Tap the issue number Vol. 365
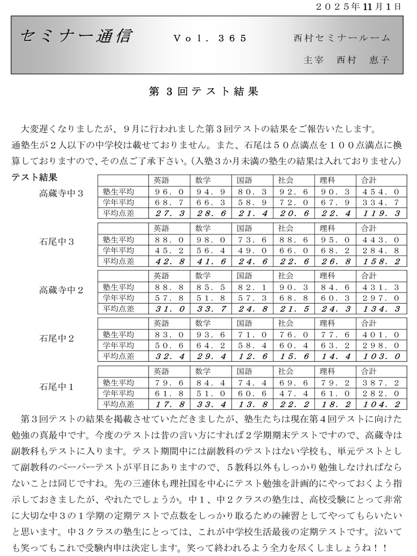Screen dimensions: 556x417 (210, 38)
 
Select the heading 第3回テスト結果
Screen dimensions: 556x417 (204, 91)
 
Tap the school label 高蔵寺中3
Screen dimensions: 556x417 (61, 193)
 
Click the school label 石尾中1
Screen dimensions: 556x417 (56, 386)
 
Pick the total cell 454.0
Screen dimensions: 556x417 (381, 192)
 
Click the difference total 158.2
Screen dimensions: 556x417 (381, 261)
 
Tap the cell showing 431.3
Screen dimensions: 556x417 (381, 287)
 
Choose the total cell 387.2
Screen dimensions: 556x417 (381, 383)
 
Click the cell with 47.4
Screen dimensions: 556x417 (294, 394)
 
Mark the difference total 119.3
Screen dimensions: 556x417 (381, 213)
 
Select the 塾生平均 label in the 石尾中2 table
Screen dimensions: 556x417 (118, 334)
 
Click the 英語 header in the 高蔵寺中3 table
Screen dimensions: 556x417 (161, 180)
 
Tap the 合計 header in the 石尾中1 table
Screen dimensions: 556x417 (369, 371)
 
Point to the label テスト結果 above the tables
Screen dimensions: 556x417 (34, 177)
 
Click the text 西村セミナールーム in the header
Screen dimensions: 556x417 (342, 38)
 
